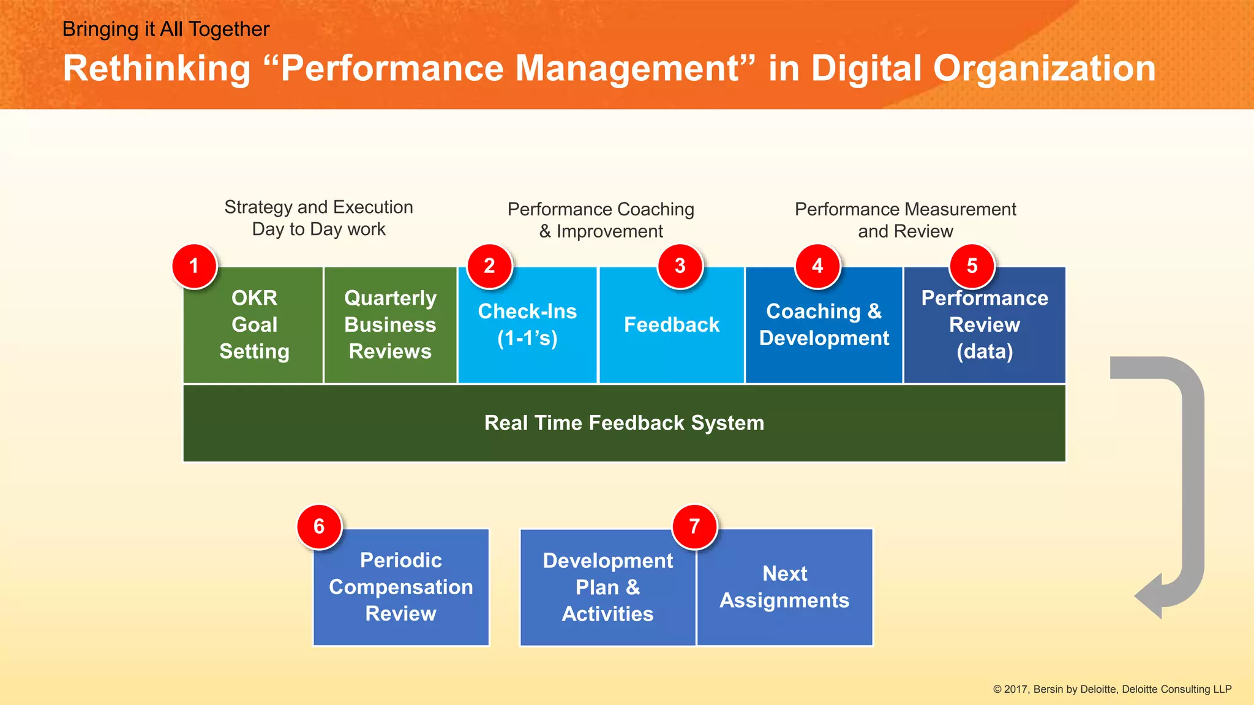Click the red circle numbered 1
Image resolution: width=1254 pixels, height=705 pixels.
[194, 266]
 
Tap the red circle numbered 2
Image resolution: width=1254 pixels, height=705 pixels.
[489, 266]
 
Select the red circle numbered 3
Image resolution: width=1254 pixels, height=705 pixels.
[680, 266]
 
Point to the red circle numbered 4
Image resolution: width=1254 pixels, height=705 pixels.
[817, 266]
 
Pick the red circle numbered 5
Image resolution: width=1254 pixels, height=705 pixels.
[972, 266]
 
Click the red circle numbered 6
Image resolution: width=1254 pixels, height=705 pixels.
[319, 526]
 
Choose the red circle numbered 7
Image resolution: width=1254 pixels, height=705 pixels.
[694, 526]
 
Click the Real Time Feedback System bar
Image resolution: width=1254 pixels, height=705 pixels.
[624, 423]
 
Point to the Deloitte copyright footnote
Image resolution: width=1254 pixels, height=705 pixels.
[1112, 689]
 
